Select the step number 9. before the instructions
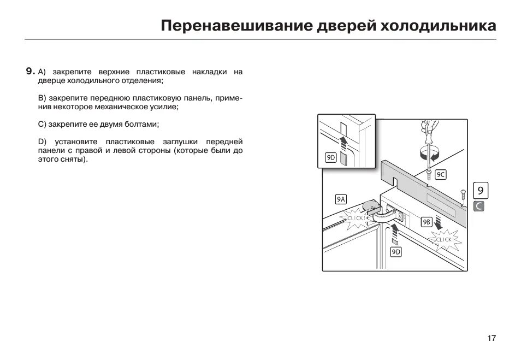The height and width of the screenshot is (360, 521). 30,72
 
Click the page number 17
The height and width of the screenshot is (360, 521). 492,338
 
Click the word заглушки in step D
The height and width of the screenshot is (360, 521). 182,142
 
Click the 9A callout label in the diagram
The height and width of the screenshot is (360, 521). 341,199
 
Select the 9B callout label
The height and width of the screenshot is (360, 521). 427,222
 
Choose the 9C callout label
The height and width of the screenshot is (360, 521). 441,175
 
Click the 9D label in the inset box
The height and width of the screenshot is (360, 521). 331,157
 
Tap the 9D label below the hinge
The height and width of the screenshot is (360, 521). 396,252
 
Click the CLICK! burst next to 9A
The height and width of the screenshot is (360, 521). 356,218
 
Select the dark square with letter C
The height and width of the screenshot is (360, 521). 479,206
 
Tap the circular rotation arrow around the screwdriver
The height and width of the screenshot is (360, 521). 428,152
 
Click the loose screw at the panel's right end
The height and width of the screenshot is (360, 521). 463,193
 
